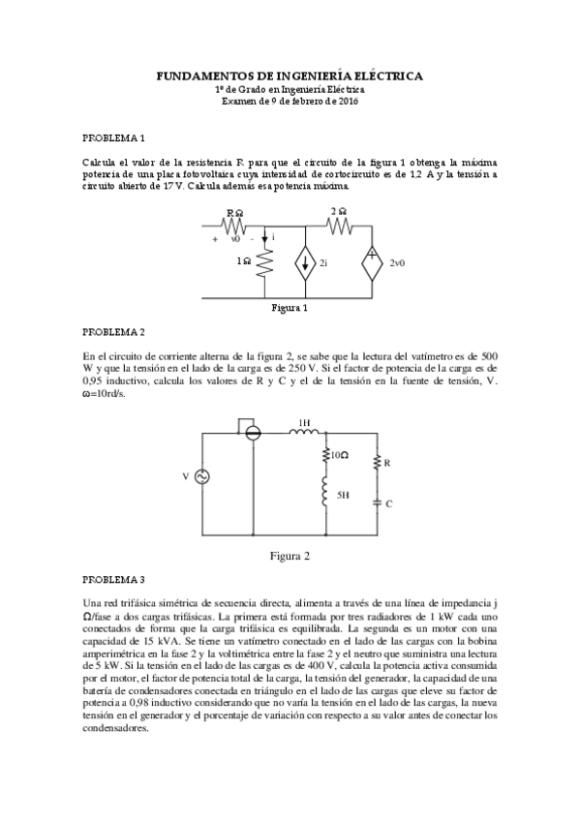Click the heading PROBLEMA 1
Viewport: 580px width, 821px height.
113,138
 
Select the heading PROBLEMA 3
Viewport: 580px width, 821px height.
113,580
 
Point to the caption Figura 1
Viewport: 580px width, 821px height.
290,309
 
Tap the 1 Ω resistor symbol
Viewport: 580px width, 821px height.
262,259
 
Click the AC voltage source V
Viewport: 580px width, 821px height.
202,476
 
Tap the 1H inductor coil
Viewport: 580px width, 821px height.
304,433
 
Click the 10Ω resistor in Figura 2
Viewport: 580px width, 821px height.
321,454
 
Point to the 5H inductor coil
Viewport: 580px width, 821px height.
321,493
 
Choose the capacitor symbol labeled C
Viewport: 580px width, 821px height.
377,502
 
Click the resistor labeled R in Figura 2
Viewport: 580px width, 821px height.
377,465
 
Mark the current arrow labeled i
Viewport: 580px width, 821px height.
263,238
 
